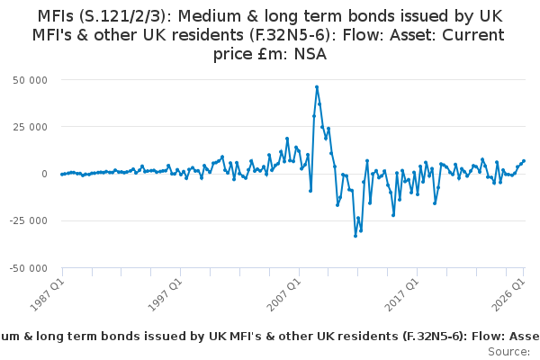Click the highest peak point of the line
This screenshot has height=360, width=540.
tap(317, 87)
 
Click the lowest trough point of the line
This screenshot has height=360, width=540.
tap(355, 236)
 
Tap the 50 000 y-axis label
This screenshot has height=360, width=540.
tap(30, 80)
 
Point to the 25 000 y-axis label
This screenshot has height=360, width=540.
tap(30, 127)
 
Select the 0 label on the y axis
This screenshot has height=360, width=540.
tap(44, 174)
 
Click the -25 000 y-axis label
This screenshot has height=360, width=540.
tap(28, 220)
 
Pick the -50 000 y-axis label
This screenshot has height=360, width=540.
tap(28, 268)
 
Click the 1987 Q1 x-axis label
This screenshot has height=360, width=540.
tap(48, 295)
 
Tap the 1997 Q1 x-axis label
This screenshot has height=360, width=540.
tap(166, 295)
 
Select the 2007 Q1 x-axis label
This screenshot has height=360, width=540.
tap(284, 295)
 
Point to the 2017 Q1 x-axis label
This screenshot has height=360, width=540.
tap(402, 295)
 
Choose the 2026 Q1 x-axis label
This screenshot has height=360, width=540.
tap(508, 295)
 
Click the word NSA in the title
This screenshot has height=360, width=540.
tap(310, 54)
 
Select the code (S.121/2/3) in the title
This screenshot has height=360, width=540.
tap(124, 16)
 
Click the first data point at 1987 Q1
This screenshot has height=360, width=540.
tap(62, 175)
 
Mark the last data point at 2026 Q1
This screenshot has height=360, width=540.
tap(524, 161)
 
